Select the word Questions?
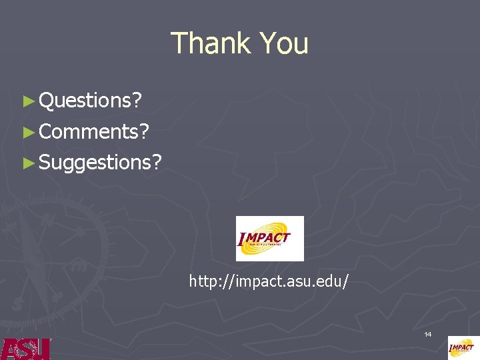click(x=90, y=101)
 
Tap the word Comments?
click(x=93, y=131)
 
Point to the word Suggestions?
click(x=100, y=162)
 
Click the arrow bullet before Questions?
click(x=27, y=101)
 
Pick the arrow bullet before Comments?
click(x=27, y=132)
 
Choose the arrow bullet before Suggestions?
click(x=27, y=163)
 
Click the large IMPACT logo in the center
click(x=270, y=238)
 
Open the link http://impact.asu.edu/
click(x=269, y=281)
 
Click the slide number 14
click(x=428, y=333)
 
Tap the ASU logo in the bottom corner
click(x=25, y=349)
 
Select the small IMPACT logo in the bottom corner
click(x=463, y=347)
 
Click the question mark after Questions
click(x=137, y=101)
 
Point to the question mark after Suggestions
click(x=157, y=162)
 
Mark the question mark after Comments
click(x=143, y=131)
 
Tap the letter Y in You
click(x=265, y=43)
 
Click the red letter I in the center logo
click(x=241, y=240)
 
